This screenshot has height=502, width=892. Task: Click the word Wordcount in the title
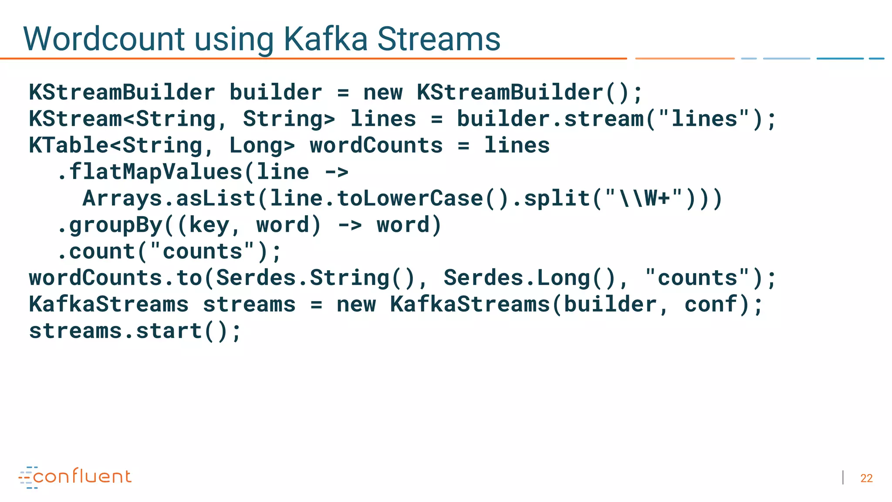104,39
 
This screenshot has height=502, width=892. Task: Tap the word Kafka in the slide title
326,39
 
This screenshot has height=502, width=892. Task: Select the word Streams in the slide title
439,39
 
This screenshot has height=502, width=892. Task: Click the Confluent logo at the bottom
75,477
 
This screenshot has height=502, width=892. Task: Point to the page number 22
866,478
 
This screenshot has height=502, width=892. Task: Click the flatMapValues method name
155,172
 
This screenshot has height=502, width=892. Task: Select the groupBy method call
115,225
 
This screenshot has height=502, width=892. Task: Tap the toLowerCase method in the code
410,199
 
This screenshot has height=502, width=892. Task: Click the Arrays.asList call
169,199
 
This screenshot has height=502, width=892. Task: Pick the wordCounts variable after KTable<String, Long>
376,146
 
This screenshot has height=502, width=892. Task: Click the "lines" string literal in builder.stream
704,119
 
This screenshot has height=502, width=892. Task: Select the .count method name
102,252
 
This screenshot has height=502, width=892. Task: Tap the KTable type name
69,146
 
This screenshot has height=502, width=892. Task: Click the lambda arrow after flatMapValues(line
337,172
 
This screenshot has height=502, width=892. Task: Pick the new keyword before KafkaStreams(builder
356,305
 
